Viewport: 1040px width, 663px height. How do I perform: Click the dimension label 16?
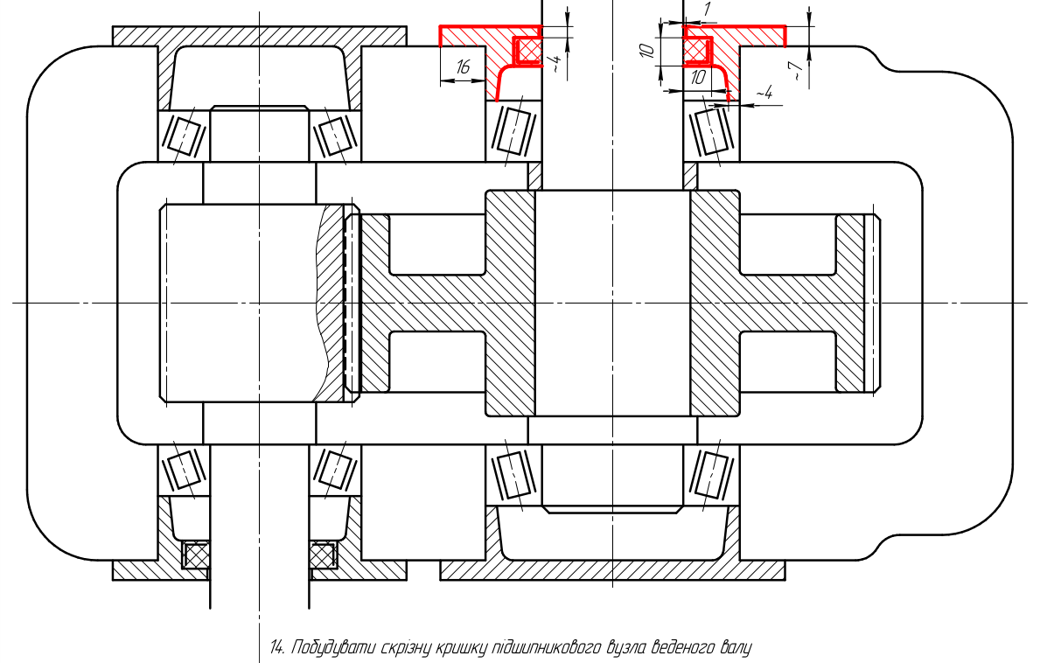tap(463, 66)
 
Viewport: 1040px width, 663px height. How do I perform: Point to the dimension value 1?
tap(707, 10)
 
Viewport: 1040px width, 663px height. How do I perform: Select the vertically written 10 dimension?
tap(649, 49)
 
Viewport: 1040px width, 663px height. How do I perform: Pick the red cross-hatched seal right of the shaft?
tap(698, 51)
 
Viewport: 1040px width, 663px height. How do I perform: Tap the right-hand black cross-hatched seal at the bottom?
tap(323, 555)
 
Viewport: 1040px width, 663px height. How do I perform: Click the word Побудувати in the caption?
tap(331, 647)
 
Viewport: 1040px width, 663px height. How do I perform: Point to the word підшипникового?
tap(544, 648)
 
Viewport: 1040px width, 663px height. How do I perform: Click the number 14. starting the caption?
tap(278, 647)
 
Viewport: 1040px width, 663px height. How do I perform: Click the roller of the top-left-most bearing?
tap(185, 136)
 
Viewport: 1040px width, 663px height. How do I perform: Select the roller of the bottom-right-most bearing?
tap(712, 473)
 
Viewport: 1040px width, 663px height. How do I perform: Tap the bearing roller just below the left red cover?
tap(514, 130)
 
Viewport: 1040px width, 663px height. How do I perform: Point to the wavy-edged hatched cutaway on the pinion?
tap(330, 303)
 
